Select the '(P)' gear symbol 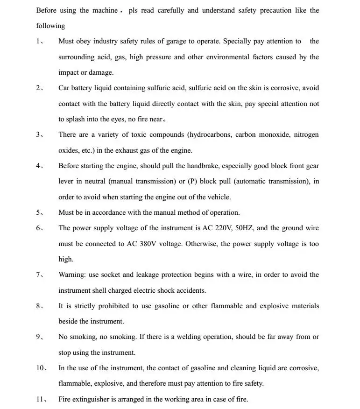[x=192, y=181]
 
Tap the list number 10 [x=41, y=368]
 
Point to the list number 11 [x=41, y=399]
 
